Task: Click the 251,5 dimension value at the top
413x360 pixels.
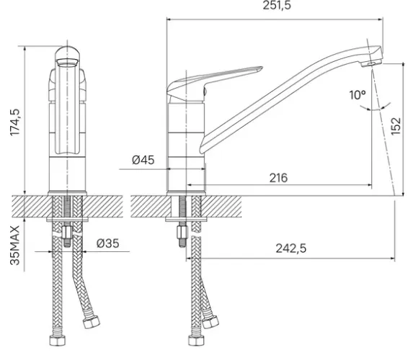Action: [277, 5]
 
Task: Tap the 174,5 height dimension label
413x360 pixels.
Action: [15, 122]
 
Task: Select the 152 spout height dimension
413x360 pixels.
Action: [396, 126]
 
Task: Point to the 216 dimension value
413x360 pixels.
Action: [278, 178]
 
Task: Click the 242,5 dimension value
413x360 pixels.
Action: [291, 248]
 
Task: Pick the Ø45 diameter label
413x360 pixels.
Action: [143, 160]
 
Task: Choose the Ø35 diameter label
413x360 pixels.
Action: [107, 243]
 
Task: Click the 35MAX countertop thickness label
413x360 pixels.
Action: [15, 245]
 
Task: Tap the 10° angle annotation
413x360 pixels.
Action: [358, 95]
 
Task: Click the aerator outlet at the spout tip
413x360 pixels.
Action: [372, 63]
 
